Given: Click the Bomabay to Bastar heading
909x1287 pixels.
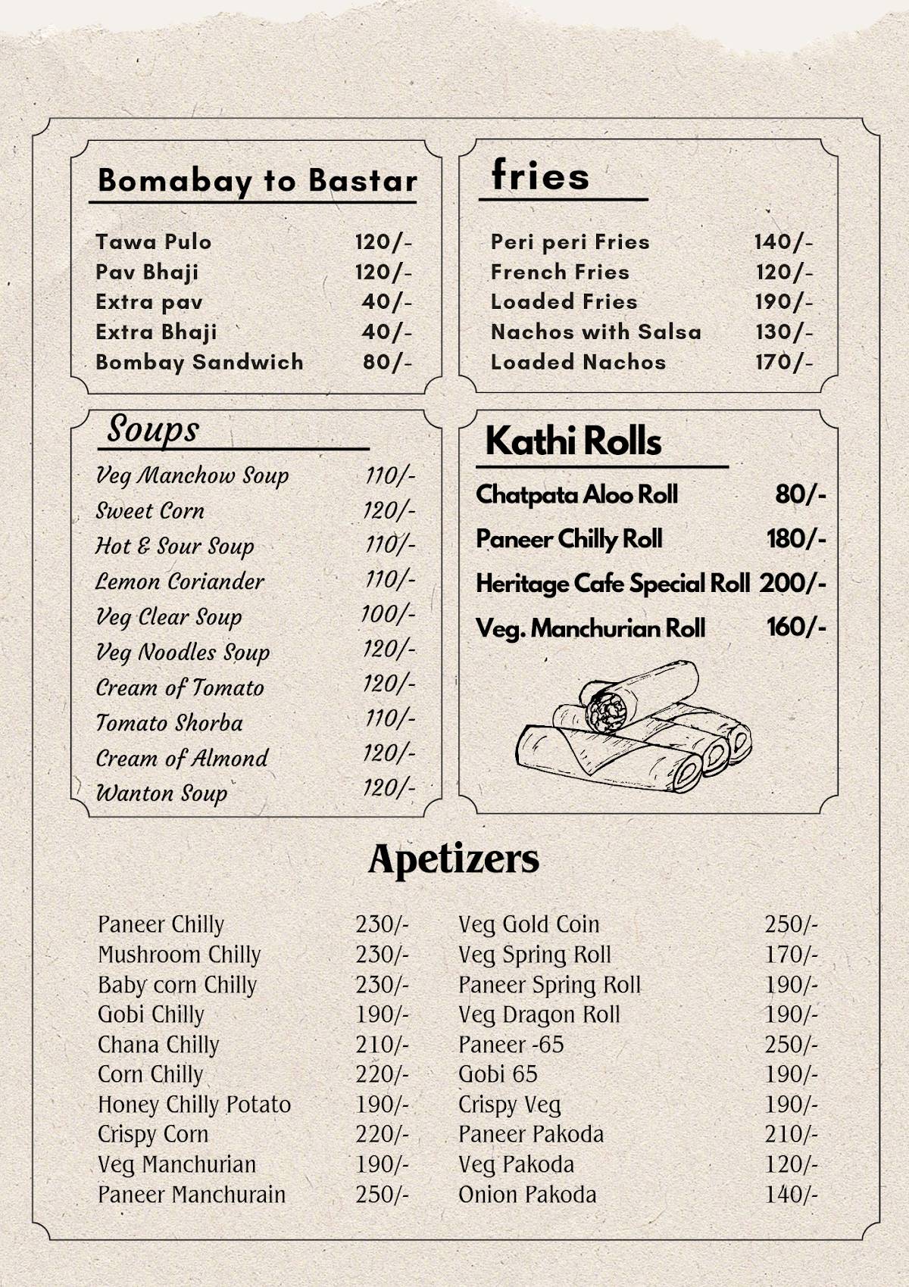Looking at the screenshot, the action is coord(258,181).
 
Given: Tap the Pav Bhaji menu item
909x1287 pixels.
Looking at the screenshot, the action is coord(147,272).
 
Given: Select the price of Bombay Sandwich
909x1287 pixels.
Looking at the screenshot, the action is coord(387,362).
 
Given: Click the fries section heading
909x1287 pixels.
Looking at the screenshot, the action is coord(540,176).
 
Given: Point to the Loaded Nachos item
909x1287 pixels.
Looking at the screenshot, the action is coord(578,362).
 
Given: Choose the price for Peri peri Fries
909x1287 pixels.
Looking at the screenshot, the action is coord(783,242).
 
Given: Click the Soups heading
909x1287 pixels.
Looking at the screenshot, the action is coord(153,429).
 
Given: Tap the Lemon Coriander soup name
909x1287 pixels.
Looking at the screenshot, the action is coord(180,581).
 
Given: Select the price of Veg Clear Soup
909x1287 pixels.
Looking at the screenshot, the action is coord(388,614).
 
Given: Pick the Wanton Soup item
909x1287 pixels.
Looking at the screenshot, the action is coord(161,793).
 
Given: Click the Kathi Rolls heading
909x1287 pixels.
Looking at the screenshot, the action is coord(573,441).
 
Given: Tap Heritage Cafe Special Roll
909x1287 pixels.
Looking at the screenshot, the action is coord(613,584).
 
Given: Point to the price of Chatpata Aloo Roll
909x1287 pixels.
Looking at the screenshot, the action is coord(800,495).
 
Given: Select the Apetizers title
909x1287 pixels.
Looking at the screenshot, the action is coord(454,859).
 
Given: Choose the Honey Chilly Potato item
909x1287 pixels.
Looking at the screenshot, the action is coord(194,1105).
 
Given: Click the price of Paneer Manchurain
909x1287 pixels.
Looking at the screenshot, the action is coord(382,1195).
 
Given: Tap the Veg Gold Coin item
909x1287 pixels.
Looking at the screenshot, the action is coord(529,924).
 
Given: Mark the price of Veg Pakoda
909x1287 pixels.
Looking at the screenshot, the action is coord(791,1164).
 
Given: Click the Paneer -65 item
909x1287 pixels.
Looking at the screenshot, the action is coord(511,1045).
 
